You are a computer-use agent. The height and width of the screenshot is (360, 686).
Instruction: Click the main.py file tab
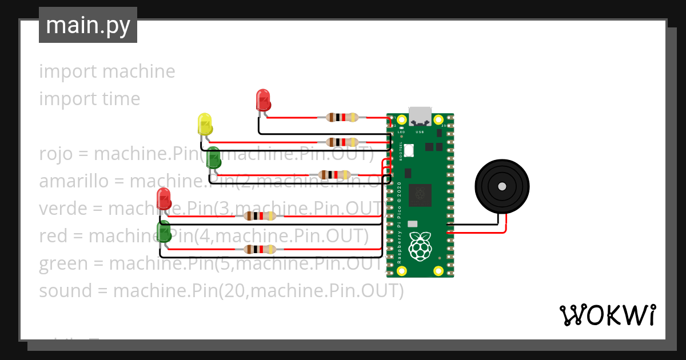click(x=88, y=25)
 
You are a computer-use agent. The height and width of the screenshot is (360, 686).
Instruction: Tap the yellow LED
click(x=205, y=124)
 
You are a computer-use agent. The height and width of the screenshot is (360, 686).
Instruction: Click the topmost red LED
click(x=263, y=100)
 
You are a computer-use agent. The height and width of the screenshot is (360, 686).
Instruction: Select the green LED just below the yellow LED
click(x=213, y=158)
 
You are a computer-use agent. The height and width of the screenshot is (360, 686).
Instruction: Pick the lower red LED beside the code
click(x=163, y=198)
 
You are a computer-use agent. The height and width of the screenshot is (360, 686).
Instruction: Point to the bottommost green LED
click(x=164, y=232)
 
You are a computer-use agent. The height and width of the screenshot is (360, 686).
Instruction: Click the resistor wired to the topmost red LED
click(x=342, y=117)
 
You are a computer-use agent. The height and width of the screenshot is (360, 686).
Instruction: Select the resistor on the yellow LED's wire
click(x=342, y=142)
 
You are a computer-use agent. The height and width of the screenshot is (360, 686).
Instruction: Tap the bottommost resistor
click(x=260, y=249)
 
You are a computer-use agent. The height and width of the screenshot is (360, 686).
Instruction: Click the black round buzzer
click(x=502, y=186)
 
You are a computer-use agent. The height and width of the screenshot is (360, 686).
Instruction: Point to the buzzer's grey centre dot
click(x=502, y=186)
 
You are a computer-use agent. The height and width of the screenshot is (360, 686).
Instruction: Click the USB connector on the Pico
click(x=420, y=116)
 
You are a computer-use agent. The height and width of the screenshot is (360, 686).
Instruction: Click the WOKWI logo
click(x=607, y=315)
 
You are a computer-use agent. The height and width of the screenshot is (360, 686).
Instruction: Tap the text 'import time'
click(x=90, y=99)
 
